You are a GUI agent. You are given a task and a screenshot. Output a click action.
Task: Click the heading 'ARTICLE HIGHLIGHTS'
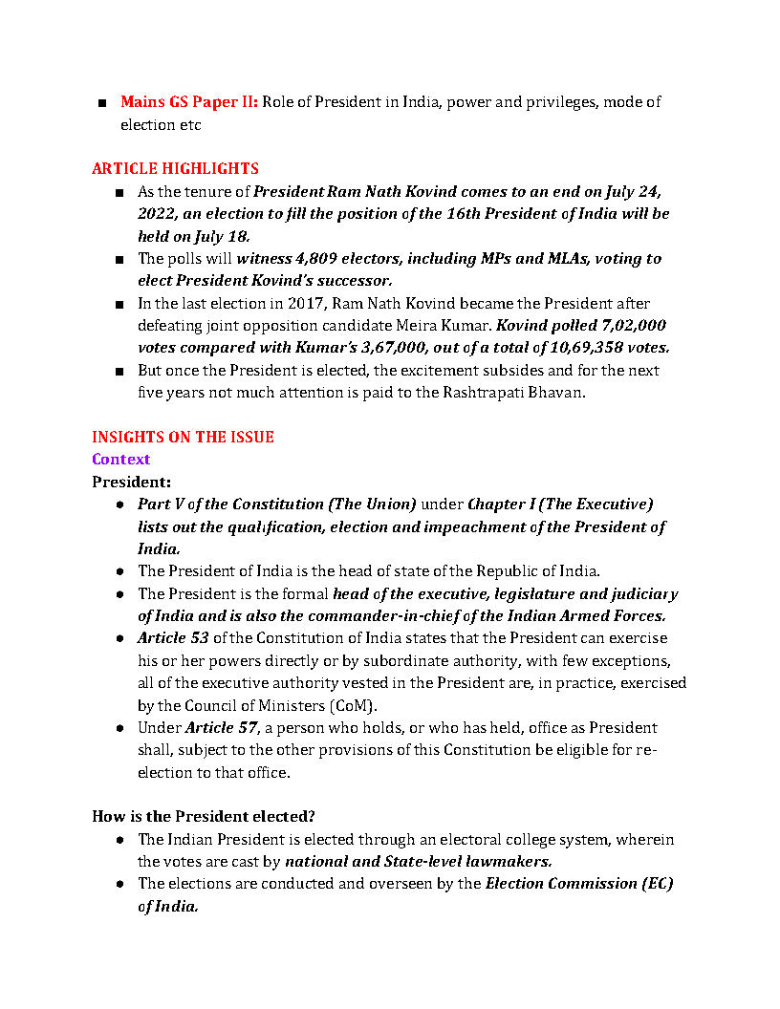(175, 169)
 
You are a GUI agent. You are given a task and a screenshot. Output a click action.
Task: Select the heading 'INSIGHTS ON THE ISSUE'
(183, 438)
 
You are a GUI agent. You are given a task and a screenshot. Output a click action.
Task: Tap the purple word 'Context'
(120, 460)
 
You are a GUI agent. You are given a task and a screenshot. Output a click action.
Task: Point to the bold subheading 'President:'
(131, 483)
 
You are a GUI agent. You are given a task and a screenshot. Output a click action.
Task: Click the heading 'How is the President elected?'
(204, 817)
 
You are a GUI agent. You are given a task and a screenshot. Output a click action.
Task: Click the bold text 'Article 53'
(172, 638)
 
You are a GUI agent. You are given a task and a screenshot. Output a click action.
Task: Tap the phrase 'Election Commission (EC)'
(579, 884)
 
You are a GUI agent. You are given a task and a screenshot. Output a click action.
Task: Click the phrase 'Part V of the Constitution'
(230, 504)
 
